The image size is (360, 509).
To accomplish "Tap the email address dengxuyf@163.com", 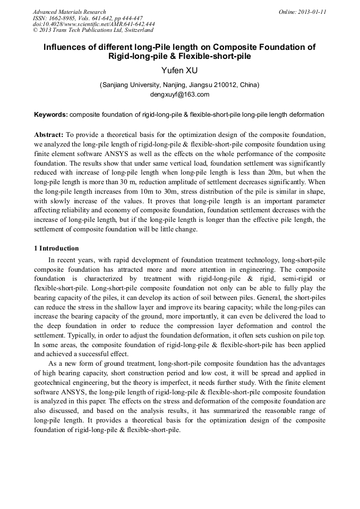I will (x=180, y=94).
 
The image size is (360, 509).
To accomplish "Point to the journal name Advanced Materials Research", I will (x=69, y=12).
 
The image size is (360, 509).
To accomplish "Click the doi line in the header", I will (x=93, y=24).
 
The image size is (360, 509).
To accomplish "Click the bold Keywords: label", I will (x=51, y=114).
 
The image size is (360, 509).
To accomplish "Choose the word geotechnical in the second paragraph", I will (x=59, y=383).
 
